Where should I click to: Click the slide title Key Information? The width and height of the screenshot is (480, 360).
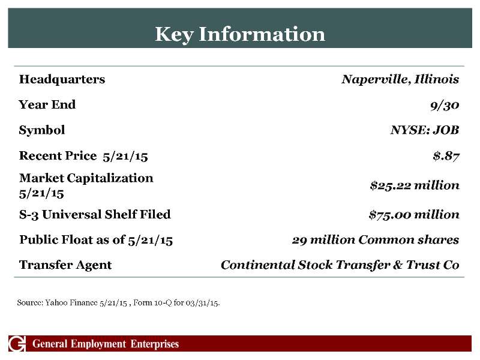(240, 34)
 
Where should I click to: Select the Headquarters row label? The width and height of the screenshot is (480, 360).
(62, 79)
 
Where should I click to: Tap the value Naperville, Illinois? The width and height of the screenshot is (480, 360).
(400, 79)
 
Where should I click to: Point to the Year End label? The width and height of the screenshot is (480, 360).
(47, 104)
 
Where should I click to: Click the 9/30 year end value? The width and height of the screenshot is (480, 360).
(445, 105)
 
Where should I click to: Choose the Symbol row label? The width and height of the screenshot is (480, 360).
(42, 130)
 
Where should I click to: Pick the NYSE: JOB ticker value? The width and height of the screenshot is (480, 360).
(425, 130)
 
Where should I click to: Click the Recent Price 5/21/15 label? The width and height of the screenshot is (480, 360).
(83, 156)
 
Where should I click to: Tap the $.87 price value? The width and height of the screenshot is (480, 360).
(446, 156)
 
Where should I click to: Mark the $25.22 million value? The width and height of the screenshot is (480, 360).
(415, 185)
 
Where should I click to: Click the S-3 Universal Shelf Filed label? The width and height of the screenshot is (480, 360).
(95, 214)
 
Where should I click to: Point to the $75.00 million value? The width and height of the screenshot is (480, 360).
(414, 214)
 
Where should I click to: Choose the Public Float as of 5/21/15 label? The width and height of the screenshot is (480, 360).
(96, 240)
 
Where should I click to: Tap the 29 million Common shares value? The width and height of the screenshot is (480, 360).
(376, 240)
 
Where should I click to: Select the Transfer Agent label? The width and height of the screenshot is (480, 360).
(65, 265)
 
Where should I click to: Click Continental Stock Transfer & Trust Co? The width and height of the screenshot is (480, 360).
(340, 265)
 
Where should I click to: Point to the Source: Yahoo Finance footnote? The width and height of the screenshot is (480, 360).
(118, 302)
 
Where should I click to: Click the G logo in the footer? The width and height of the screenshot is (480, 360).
(17, 344)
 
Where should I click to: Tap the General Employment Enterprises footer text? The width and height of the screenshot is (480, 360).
(106, 344)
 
